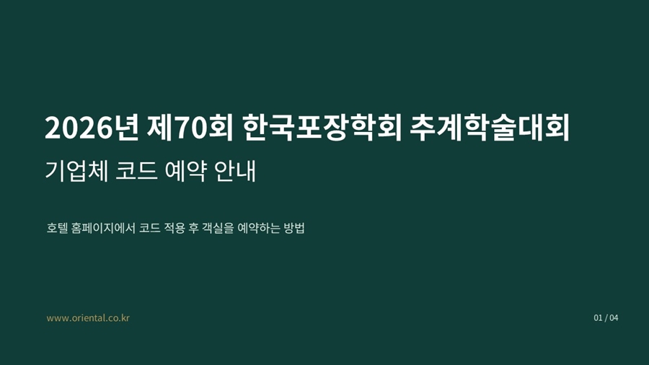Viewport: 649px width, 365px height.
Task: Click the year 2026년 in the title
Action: [x=92, y=128]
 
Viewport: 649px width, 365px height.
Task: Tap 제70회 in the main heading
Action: [x=190, y=128]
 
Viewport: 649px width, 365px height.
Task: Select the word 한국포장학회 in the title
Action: [x=322, y=128]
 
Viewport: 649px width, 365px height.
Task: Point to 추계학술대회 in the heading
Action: [x=490, y=128]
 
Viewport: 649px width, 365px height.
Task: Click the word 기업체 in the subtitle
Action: [x=76, y=170]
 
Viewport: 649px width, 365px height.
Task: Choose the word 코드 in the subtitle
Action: [x=136, y=170]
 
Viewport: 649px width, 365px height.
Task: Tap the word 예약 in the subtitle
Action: [x=186, y=170]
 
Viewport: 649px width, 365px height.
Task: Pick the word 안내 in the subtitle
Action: [x=235, y=170]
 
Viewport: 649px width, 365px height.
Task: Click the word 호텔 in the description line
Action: [x=57, y=228]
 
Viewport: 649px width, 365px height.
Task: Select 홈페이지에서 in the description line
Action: [x=103, y=228]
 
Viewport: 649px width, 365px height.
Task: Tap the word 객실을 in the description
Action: [x=218, y=228]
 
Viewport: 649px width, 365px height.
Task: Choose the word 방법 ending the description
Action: [x=294, y=228]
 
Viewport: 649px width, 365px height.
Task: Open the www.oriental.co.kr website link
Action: [x=88, y=318]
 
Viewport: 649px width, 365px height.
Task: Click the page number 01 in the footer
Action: [x=598, y=318]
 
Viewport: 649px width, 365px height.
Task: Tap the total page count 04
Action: [x=614, y=318]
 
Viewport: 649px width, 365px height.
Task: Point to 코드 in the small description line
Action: [x=150, y=228]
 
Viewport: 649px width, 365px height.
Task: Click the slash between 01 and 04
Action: [x=606, y=318]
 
